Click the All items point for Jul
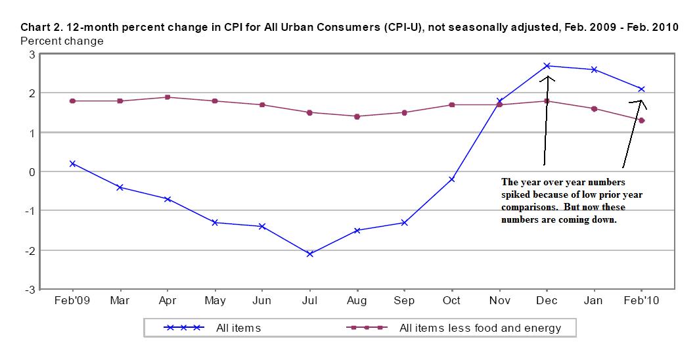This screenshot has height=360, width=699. pos(309,254)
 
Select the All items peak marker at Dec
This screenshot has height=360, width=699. pos(547,66)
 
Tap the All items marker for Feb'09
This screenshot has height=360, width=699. pos(72,164)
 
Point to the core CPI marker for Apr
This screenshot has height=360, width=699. pos(168,97)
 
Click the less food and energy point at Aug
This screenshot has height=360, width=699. pos(357,116)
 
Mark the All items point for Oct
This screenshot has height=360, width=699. pos(452,179)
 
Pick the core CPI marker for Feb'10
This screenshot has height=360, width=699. pos(642,120)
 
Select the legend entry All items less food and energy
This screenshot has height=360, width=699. pos(460,328)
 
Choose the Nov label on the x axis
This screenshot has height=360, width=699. pos(500,301)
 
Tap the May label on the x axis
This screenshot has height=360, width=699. pos(215,301)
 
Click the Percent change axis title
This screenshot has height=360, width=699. pos(62,41)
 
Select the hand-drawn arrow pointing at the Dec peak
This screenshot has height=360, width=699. pos(545,118)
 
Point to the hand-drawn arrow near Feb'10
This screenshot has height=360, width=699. pos(634,131)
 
